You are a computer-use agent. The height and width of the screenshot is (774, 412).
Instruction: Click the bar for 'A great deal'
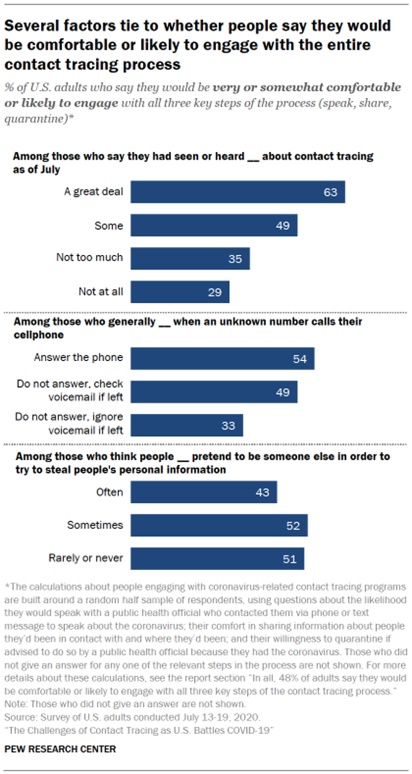[237, 192]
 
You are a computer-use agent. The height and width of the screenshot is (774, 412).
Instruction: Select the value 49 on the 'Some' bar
[283, 226]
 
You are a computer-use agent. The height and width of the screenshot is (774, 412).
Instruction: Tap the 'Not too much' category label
[89, 258]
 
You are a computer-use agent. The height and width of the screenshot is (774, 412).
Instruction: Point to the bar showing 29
[180, 292]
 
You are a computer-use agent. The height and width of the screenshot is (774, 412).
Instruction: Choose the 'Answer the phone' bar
[222, 359]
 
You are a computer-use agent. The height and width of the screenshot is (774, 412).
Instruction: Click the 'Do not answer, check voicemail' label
[70, 390]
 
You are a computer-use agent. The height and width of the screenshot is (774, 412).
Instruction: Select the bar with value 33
[186, 426]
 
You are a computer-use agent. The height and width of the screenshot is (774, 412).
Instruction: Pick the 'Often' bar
[204, 492]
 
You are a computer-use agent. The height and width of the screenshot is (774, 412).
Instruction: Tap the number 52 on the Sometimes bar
[293, 526]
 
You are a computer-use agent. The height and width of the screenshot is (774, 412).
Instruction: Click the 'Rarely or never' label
[85, 558]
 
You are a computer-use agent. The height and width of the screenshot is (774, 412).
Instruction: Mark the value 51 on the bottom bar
[289, 559]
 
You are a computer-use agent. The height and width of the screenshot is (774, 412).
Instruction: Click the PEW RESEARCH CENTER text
[60, 749]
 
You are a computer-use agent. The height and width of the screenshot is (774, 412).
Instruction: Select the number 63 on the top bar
[330, 192]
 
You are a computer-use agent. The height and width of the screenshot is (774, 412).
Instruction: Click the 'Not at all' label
[101, 292]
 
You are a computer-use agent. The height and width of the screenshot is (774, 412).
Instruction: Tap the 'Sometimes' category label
[95, 525]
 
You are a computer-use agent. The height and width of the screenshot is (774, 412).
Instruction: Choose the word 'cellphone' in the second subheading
[38, 335]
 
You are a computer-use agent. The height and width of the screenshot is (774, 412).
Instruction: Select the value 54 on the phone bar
[300, 359]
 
